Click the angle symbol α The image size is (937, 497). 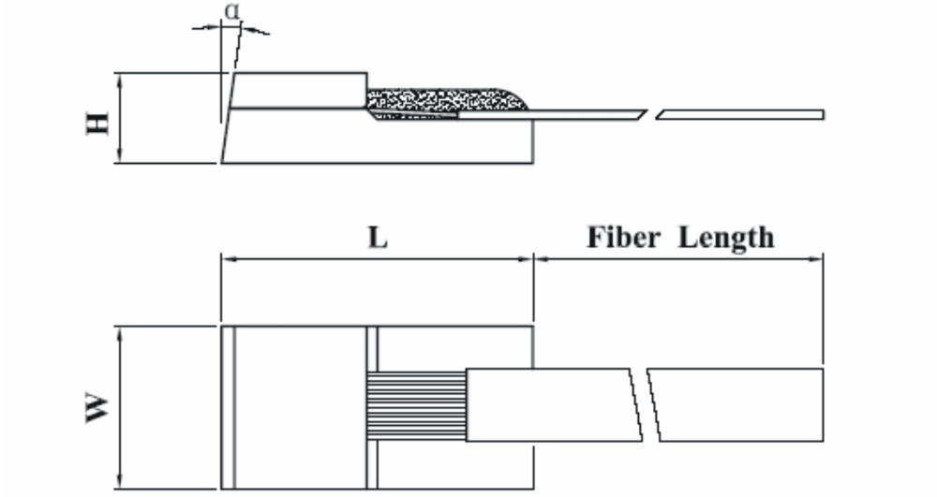point(231,11)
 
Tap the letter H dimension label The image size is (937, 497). point(97,122)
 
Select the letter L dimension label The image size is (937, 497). point(377,238)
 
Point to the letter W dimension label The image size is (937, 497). point(97,408)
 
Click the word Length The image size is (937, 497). point(726,238)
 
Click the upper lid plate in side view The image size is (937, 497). point(298,90)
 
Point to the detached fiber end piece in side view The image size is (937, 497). point(740,115)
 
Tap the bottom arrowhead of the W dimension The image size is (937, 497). point(120,483)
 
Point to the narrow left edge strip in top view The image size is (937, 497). point(228,407)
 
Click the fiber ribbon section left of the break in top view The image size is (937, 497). point(553,404)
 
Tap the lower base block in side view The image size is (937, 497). point(375,140)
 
